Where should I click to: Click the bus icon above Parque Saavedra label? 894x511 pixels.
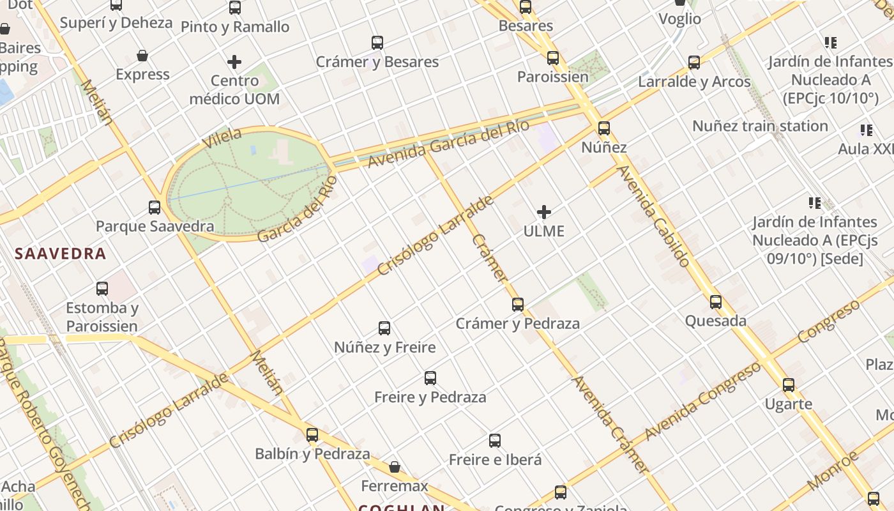tap(155, 208)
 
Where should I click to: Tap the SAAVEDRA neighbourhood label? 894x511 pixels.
tap(61, 254)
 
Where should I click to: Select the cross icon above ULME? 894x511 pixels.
tap(544, 212)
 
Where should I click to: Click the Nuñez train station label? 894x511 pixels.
tap(760, 126)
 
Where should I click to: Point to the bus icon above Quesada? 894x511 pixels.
tap(716, 302)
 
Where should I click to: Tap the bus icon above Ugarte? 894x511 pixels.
tap(789, 385)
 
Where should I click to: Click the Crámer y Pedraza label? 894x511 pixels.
tap(517, 323)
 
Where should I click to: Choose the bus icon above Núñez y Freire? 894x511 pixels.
tap(384, 328)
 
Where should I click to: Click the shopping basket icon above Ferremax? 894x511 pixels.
tap(395, 467)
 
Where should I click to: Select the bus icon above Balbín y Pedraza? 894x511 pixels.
tap(312, 435)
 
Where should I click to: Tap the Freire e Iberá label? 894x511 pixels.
tap(495, 459)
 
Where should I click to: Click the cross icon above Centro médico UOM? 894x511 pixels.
tap(234, 62)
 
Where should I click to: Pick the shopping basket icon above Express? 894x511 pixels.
tap(142, 56)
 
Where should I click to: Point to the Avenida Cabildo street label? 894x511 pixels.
tap(654, 216)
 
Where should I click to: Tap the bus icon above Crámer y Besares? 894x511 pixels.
tap(377, 43)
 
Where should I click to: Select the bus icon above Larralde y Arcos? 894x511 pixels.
tap(694, 63)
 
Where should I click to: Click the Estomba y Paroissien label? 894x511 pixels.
tap(102, 317)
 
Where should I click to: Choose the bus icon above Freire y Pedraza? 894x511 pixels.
tap(430, 378)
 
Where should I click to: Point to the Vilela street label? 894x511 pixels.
tap(222, 138)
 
